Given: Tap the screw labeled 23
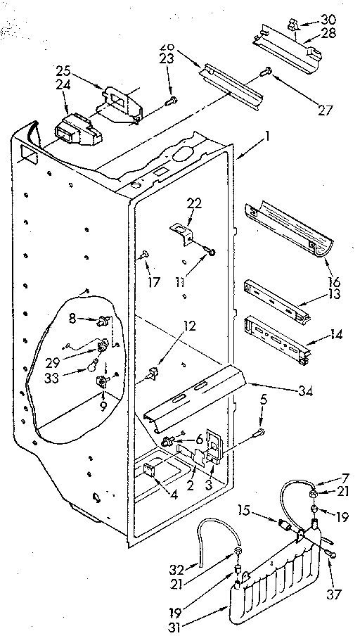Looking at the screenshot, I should pos(170,103).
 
